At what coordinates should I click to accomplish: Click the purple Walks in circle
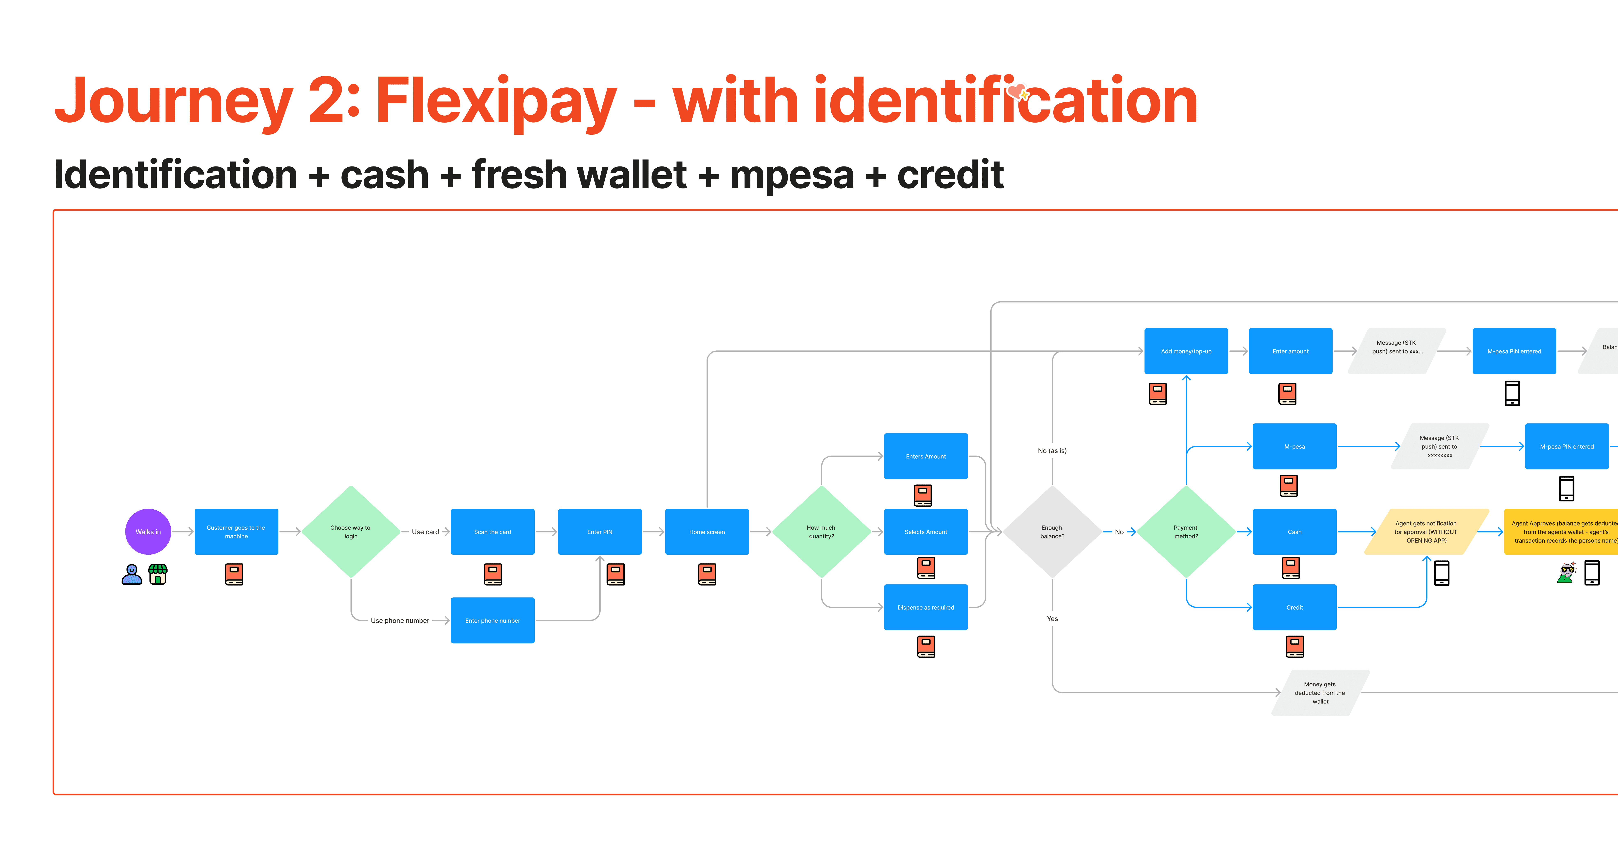tap(148, 531)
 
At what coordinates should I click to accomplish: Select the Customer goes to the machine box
tap(236, 531)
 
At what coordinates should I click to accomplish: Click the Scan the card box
tap(492, 531)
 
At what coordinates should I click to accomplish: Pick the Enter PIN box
tap(599, 531)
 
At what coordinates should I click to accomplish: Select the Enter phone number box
tap(492, 620)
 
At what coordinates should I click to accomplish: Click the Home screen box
tap(707, 531)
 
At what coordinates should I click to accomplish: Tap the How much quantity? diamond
tap(821, 531)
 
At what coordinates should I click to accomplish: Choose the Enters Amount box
tap(925, 456)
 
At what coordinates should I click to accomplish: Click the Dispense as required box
tap(925, 607)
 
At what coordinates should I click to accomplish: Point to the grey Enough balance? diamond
tap(1052, 531)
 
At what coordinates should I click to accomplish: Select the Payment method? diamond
tap(1186, 531)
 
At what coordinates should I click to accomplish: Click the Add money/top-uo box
tap(1186, 351)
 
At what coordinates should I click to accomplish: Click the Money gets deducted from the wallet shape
tap(1320, 692)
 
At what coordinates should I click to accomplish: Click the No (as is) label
tap(1052, 450)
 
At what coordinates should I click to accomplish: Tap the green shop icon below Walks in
tap(158, 574)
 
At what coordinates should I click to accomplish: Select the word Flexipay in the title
tap(496, 101)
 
